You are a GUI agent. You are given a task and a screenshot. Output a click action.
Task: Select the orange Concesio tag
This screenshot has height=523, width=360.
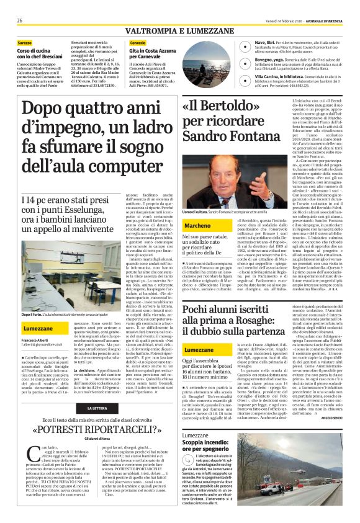click(x=138, y=42)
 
